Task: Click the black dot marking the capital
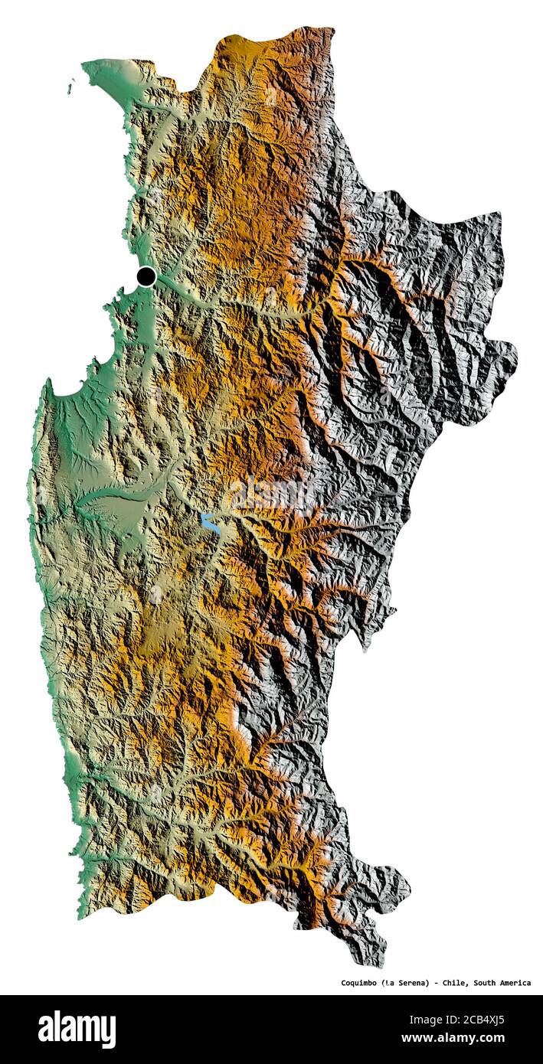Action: click(146, 276)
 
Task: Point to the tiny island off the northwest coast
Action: click(71, 88)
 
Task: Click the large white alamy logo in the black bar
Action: click(77, 1030)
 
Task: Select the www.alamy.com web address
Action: click(482, 1040)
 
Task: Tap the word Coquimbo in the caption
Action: click(358, 983)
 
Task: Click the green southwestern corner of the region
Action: click(81, 911)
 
